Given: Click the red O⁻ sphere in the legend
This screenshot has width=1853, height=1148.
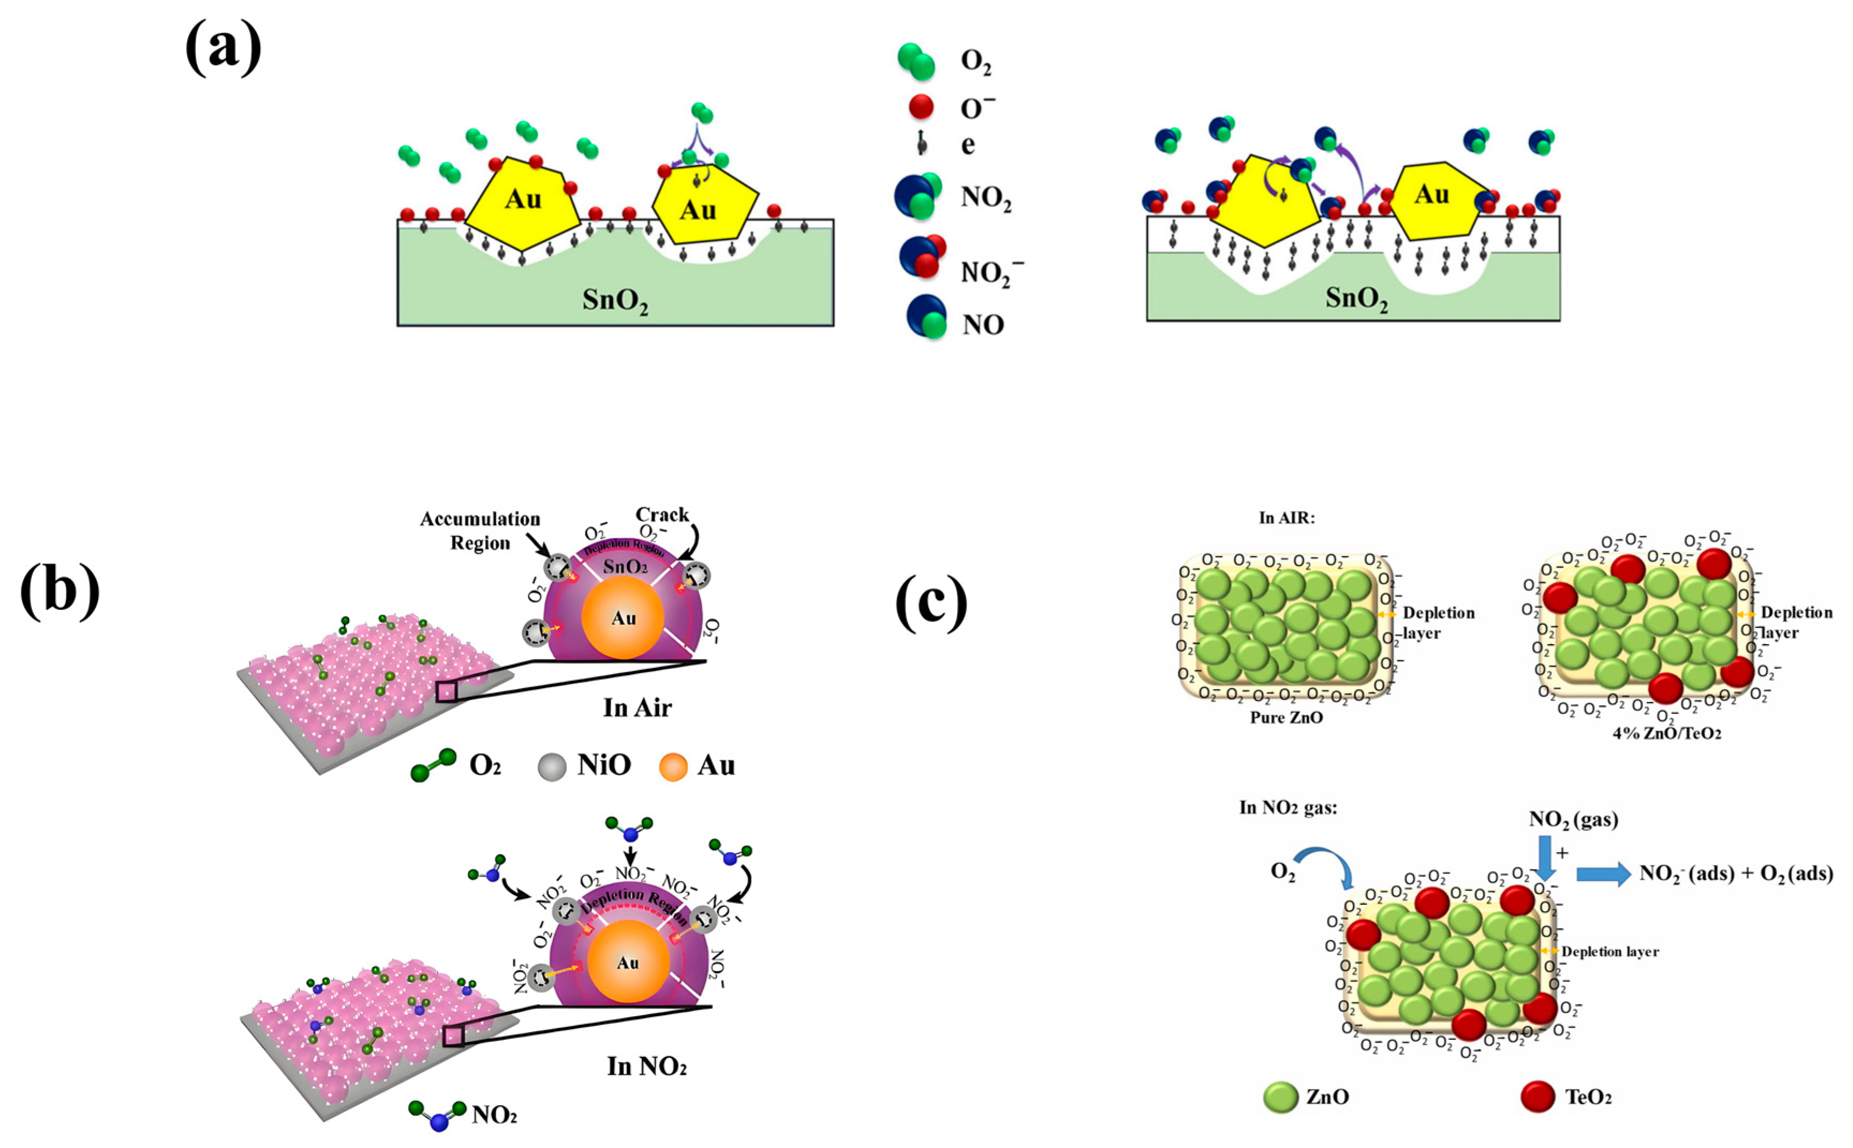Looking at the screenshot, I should coord(921,107).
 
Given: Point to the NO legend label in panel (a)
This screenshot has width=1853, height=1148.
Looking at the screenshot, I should coord(983,325).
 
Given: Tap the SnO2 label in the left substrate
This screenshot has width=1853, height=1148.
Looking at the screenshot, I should coord(615,301).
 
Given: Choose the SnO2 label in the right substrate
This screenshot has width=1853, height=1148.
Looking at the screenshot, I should coord(1357,299).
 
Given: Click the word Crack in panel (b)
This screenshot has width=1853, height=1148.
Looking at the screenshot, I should coord(662,515).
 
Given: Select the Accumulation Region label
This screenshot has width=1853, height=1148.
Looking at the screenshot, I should coord(480,531).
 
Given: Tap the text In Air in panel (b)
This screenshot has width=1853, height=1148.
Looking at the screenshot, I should coord(637,707).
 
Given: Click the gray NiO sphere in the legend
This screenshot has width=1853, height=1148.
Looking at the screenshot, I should coord(552,767).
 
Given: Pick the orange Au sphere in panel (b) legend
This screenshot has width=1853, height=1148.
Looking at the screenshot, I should coord(673,767).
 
